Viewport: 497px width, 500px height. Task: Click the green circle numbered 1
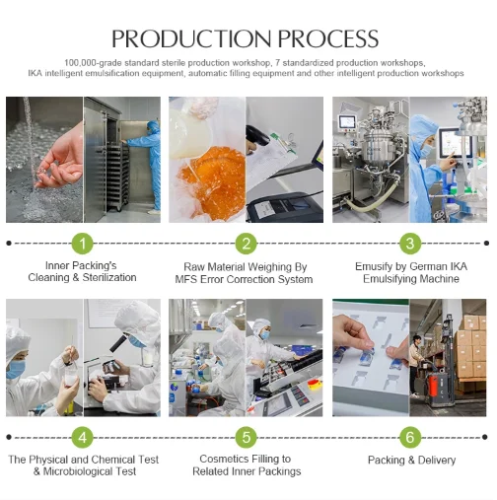[83, 244]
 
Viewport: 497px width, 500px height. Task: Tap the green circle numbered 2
[247, 244]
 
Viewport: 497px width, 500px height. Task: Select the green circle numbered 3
[410, 244]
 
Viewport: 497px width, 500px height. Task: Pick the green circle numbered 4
[83, 437]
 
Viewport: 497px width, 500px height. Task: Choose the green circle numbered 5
[247, 437]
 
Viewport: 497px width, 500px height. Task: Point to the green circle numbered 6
[410, 437]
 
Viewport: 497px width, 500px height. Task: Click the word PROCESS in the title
[328, 38]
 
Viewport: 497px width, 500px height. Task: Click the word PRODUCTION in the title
[191, 38]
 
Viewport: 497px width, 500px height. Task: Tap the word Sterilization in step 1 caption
[109, 277]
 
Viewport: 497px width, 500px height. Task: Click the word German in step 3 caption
[425, 266]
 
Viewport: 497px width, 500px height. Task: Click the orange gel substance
[212, 179]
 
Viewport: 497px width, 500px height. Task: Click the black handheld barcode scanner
[258, 136]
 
